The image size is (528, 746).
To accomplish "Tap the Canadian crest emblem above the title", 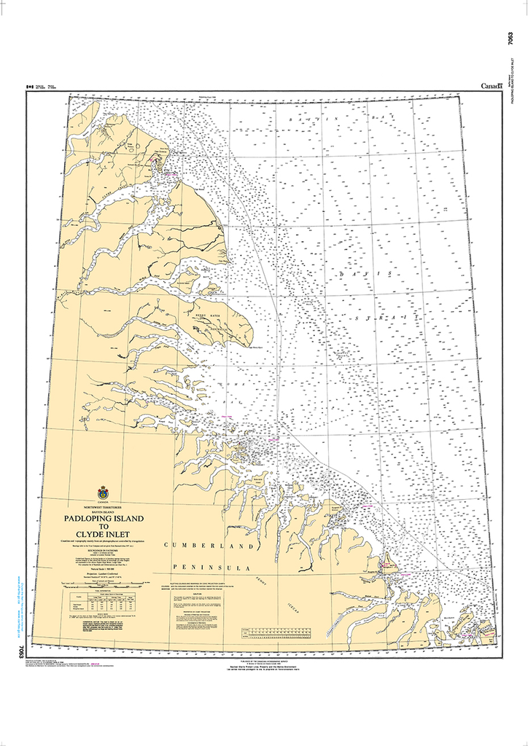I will (x=102, y=493).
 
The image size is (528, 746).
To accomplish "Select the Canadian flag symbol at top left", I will (x=30, y=86).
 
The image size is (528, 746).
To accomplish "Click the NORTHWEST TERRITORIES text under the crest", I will (x=102, y=505).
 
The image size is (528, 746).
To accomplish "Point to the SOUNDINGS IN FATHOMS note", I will (x=103, y=548).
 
